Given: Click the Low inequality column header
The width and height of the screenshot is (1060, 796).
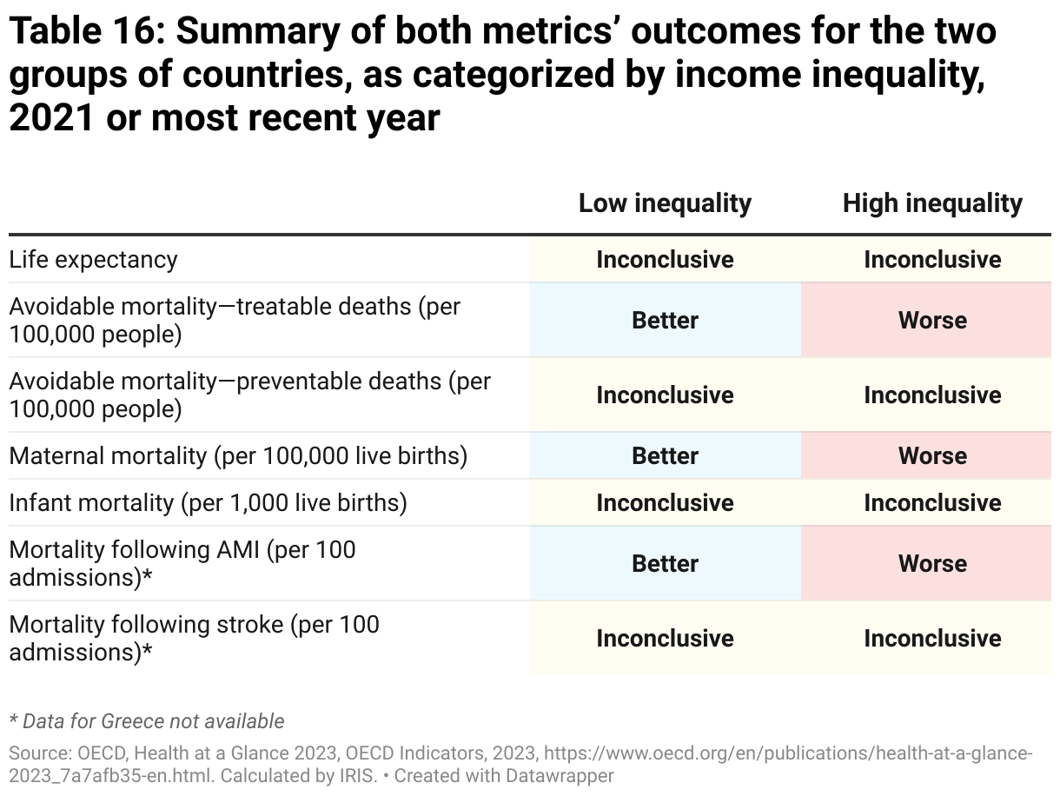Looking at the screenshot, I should point(665,203).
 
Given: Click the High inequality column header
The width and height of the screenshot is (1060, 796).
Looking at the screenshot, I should point(932,203).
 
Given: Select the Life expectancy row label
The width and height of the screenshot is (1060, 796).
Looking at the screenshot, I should point(93,260).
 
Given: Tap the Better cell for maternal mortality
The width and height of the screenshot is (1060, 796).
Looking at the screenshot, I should point(665,456).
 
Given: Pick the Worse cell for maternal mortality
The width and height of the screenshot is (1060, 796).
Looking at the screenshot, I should point(932,456).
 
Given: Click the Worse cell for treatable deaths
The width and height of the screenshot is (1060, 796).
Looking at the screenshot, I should point(932,321).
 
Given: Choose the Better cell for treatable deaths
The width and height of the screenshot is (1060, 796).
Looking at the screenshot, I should point(665,321).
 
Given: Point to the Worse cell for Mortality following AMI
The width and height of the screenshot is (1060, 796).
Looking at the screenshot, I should point(932,564).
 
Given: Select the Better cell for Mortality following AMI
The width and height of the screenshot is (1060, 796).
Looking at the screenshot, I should point(665,564).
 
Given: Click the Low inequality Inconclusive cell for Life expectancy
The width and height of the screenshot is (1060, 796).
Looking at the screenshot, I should point(665,260).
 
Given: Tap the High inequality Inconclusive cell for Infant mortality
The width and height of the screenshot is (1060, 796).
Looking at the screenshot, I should point(932,503).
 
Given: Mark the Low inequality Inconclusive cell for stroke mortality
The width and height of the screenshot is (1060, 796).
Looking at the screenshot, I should point(665,639).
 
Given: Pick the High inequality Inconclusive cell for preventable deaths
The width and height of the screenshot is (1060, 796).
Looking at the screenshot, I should point(932,395).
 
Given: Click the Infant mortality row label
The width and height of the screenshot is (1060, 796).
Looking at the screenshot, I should point(208,503).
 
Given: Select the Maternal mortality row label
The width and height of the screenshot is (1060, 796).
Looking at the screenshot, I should point(238,456).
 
